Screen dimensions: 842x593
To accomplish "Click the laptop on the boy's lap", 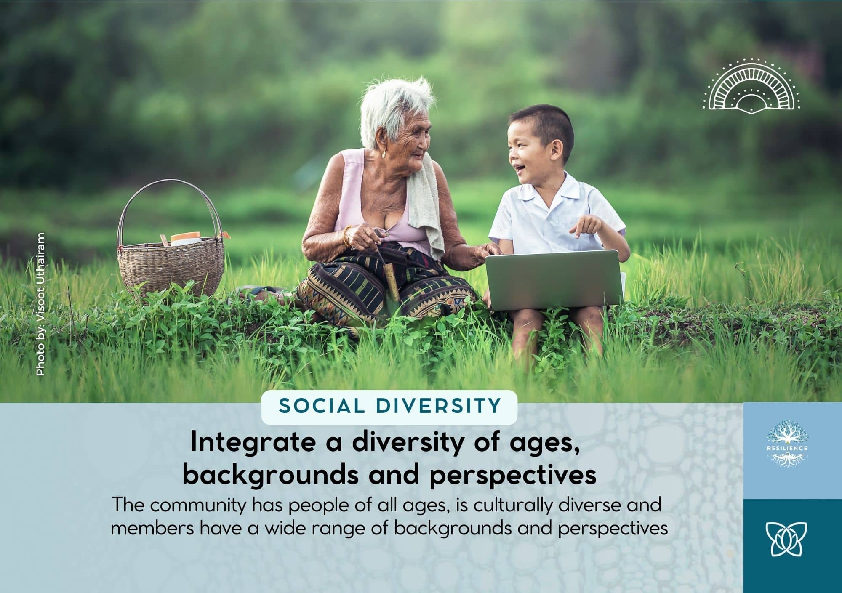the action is (554, 279).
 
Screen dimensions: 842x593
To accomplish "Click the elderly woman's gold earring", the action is (384, 154).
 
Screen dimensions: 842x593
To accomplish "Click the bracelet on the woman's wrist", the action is (346, 237).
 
